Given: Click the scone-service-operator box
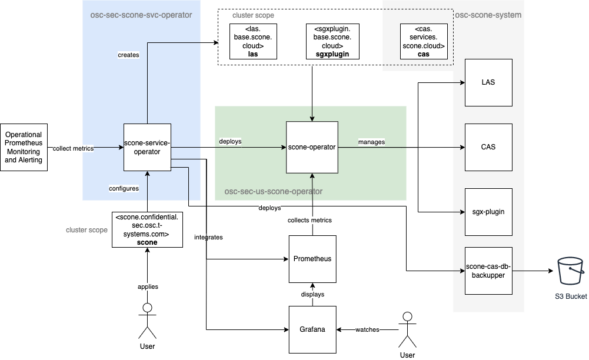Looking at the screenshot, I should click(147, 148).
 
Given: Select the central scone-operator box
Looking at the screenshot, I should click(312, 147).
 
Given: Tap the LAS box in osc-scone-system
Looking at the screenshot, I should click(488, 82).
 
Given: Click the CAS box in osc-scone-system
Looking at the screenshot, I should click(488, 147).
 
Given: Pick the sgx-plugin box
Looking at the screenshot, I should click(488, 212).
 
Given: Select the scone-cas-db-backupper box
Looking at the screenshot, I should click(488, 271).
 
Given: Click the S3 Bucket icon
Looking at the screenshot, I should click(571, 272).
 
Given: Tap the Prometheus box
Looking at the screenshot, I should click(312, 259).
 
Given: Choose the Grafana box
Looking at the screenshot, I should click(312, 329).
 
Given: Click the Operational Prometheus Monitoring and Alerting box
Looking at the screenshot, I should click(24, 147).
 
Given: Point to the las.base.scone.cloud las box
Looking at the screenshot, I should click(253, 42).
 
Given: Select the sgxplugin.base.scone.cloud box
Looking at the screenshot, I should click(332, 42).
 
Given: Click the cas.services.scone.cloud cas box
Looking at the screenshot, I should click(424, 41).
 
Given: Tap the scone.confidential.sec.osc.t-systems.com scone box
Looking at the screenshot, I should click(147, 229).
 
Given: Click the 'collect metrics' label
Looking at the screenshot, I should click(73, 148).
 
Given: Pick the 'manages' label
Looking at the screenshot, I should click(371, 142).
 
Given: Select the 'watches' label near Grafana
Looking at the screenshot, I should click(367, 330).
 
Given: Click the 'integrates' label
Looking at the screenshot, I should click(208, 238).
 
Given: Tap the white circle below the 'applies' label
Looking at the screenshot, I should click(148, 308).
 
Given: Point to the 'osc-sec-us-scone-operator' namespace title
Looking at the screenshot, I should click(274, 192).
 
